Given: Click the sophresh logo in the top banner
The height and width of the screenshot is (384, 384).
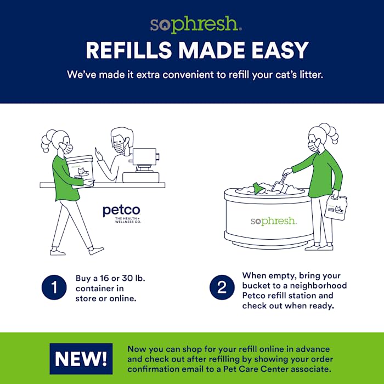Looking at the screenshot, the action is (196, 25).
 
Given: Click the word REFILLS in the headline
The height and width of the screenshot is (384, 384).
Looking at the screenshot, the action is (128, 50).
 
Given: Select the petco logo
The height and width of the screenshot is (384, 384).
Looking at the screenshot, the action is (122, 214).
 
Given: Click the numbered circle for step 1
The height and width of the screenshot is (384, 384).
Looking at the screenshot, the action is (54, 287).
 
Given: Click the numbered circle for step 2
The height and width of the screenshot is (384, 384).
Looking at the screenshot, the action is (222, 287).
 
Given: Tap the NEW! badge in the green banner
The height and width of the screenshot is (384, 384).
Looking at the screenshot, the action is (81, 359).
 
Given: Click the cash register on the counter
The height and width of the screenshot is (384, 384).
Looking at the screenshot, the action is (142, 165).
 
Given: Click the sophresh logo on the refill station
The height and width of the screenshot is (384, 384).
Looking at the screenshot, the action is (274, 221).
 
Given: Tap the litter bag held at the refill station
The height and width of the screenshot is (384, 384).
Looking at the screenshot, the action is (336, 207).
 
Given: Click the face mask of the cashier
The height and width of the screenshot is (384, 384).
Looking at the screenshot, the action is (120, 148).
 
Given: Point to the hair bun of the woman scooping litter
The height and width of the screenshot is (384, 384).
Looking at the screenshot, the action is (330, 133).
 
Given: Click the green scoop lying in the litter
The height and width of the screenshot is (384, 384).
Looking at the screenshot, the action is (258, 188).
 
